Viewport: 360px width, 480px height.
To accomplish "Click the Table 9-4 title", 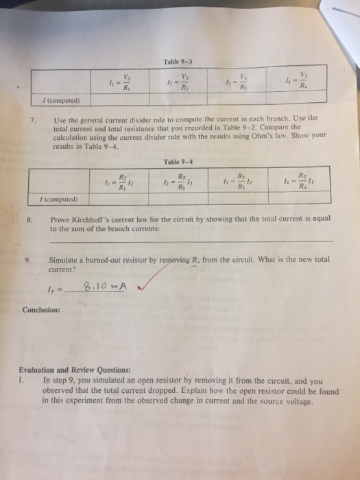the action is [x=176, y=162].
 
